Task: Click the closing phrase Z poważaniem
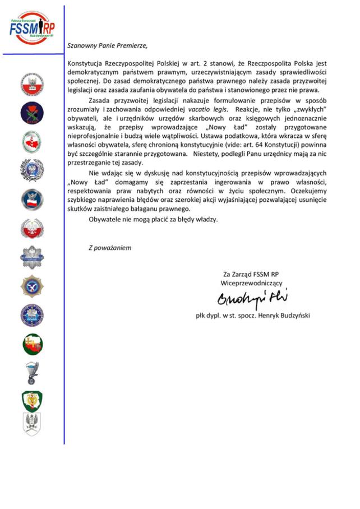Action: coord(110,247)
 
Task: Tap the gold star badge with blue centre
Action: coord(32,286)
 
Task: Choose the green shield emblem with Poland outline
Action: coord(32,401)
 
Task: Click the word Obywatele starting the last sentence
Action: coord(108,219)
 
